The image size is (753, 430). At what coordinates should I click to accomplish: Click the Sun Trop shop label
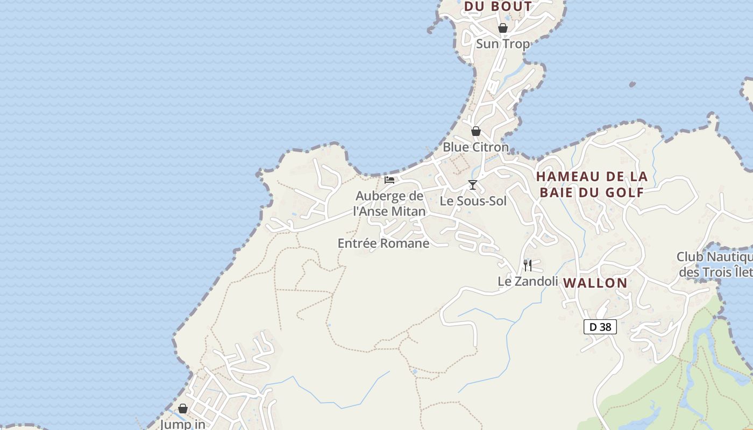point(503,44)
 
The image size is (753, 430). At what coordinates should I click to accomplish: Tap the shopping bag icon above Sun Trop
point(503,28)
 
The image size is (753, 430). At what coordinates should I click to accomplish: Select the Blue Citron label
point(475,147)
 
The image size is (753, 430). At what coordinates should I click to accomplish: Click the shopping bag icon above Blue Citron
point(476,131)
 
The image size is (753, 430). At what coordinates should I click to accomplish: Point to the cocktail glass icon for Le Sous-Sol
point(473,185)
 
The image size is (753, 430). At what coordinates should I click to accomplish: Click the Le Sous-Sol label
point(473,201)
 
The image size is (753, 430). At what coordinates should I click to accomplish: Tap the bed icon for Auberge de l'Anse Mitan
point(389,180)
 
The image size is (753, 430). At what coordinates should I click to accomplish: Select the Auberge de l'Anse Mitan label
point(389,204)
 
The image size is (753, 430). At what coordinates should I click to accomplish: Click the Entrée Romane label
point(383,243)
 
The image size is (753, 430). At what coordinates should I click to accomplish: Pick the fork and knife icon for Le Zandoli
point(528,265)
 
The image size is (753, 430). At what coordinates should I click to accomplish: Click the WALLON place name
point(595,283)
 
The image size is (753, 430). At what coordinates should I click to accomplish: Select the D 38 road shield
point(600,326)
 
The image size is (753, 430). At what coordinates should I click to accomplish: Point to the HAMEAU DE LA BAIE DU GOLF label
point(592,184)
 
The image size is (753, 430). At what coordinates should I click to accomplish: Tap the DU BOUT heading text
point(498,6)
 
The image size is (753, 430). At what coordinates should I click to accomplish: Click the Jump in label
point(183,424)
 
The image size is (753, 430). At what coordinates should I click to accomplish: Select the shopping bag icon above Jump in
point(183,408)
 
